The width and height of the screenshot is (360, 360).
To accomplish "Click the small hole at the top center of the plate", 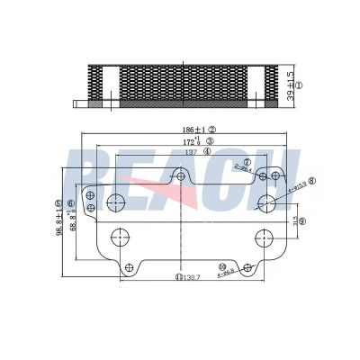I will point(181,177).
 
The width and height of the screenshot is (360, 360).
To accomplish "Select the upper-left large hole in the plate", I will point(117,200).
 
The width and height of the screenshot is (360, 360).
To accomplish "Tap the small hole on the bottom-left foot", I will point(130,267).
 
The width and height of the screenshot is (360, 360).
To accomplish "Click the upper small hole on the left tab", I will point(90,193).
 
